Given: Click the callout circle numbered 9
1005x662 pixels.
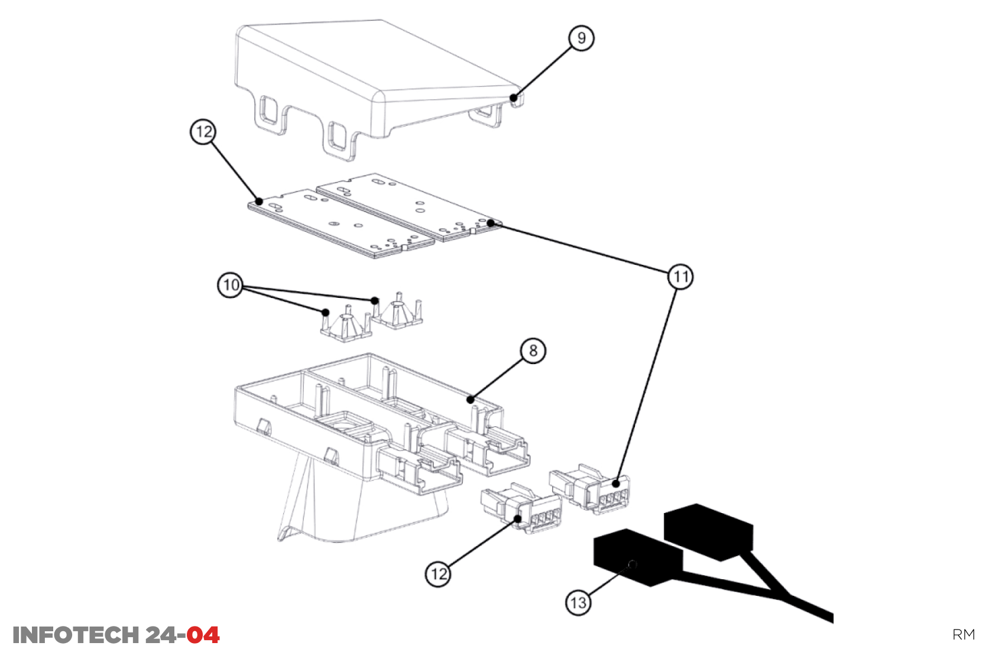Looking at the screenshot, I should pos(581,38).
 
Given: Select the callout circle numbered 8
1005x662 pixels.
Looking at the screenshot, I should pos(533,351).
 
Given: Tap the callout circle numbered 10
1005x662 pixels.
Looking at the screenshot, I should pos(231,285).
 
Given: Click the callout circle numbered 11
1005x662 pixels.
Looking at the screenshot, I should pos(680,277).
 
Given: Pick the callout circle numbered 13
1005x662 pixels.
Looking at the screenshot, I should pos(578,603).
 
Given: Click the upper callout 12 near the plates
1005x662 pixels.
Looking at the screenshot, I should pos(203,132).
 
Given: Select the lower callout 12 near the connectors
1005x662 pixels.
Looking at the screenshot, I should pos(438,574).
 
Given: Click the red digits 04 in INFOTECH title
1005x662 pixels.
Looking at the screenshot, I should pos(203,635).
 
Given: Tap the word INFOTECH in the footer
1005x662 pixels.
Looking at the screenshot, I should pos(75,635).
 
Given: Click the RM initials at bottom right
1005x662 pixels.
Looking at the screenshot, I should pos(963,635).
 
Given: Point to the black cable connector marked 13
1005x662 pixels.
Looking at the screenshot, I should pos(636,556).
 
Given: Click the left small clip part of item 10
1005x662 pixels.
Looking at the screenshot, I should pos(346,324).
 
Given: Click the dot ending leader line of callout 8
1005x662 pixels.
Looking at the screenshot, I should pos(471,400).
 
